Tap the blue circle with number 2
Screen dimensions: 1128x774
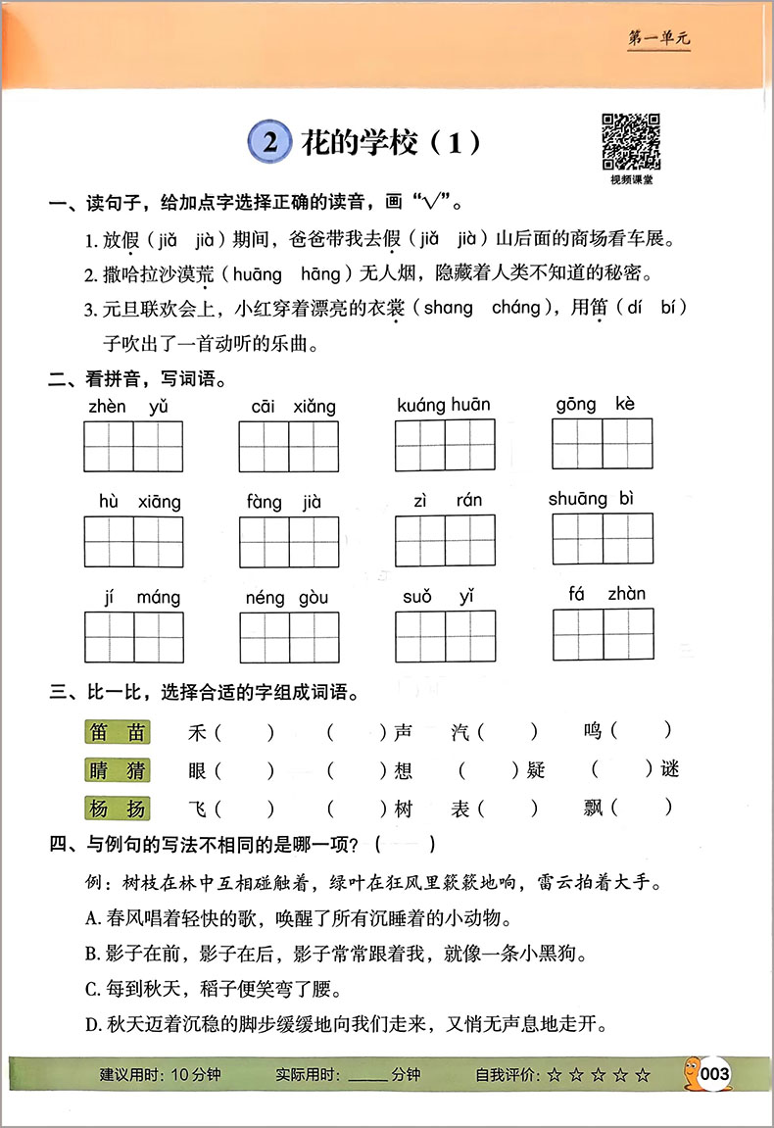(x=270, y=143)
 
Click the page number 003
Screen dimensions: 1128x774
(x=716, y=1075)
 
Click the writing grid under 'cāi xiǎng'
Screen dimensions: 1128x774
(x=288, y=447)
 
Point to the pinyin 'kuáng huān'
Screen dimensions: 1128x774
(x=444, y=405)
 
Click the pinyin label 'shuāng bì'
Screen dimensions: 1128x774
(x=591, y=499)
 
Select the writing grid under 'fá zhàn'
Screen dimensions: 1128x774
(x=602, y=635)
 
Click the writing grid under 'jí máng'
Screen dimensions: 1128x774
(x=133, y=637)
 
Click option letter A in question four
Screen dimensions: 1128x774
(x=91, y=918)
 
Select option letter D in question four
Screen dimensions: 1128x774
(x=91, y=1025)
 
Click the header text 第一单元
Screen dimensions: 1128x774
(x=657, y=39)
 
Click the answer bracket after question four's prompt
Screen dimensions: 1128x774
(x=410, y=842)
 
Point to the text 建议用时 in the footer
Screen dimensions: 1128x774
(x=132, y=1075)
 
